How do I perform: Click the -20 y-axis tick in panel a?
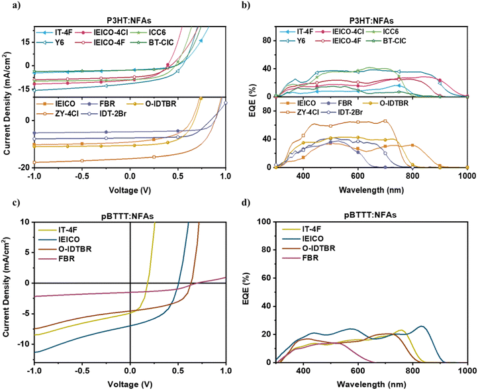point(23,167)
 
